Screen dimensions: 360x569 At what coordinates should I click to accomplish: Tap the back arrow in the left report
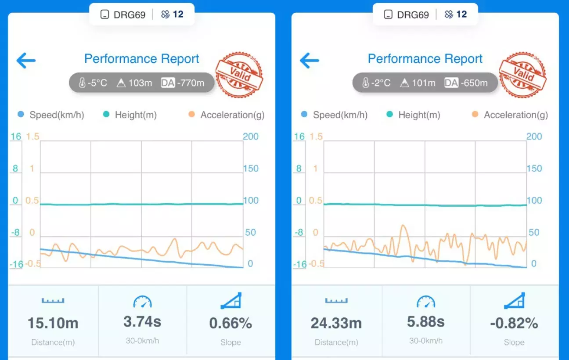pyautogui.click(x=26, y=61)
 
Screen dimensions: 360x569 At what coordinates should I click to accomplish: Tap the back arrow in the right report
pyautogui.click(x=310, y=61)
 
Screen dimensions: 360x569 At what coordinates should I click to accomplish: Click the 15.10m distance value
pyautogui.click(x=53, y=324)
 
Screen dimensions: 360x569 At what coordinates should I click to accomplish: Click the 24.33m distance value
pyautogui.click(x=336, y=324)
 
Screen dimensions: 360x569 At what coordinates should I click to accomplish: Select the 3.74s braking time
pyautogui.click(x=142, y=322)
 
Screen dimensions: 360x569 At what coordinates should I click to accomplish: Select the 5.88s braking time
pyautogui.click(x=426, y=322)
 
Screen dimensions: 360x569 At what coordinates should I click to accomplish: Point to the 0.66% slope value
pyautogui.click(x=230, y=324)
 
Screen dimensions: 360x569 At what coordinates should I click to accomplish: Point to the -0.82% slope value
pyautogui.click(x=514, y=324)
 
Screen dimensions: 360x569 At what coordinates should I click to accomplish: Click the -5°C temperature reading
pyautogui.click(x=93, y=83)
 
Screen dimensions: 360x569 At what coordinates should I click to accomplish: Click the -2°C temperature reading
pyautogui.click(x=377, y=83)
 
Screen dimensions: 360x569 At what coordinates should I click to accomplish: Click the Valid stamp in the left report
pyautogui.click(x=239, y=75)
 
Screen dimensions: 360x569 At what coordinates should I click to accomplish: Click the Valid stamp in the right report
pyautogui.click(x=523, y=75)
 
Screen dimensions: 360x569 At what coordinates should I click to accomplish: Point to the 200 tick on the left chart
pyautogui.click(x=251, y=137)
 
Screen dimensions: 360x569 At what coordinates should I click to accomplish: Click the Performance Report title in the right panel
pyautogui.click(x=425, y=59)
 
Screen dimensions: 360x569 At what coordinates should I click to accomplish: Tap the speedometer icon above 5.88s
pyautogui.click(x=426, y=302)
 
